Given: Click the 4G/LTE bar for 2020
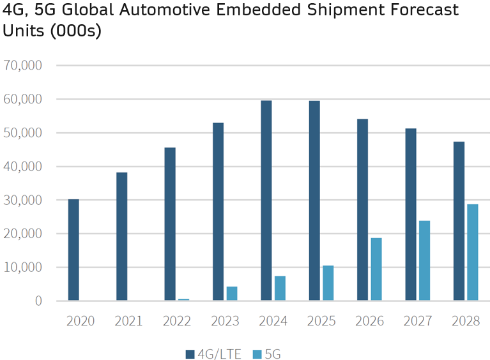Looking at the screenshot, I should click(73, 250).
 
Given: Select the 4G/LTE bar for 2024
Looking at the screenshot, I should click(266, 200).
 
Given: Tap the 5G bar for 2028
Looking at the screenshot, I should click(472, 252).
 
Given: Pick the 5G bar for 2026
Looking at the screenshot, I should click(376, 269).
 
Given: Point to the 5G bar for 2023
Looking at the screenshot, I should click(232, 293).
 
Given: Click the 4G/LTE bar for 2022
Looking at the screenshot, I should click(170, 224).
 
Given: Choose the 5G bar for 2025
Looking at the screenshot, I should click(328, 283).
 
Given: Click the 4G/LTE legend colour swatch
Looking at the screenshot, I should click(190, 354).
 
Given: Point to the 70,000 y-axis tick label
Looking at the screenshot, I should click(23, 65).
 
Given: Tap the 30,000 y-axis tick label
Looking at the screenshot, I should click(23, 200).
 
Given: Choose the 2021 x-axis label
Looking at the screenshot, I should click(128, 320).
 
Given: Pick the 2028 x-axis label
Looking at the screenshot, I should click(465, 320).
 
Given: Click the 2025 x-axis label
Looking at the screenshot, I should click(321, 320).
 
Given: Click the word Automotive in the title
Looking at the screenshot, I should click(169, 11).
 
